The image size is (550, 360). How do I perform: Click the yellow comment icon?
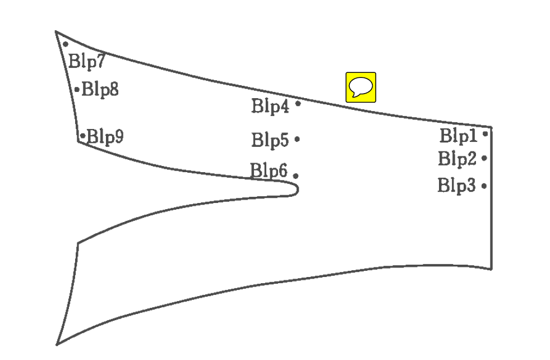(x=360, y=87)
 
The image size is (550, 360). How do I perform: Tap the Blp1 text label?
(x=457, y=136)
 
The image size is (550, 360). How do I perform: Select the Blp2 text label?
(x=457, y=159)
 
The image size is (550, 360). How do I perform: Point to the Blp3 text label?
(x=456, y=185)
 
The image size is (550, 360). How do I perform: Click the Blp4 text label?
(x=270, y=106)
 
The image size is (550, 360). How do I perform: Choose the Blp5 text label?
(x=270, y=140)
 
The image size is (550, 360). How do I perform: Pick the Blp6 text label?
(x=269, y=170)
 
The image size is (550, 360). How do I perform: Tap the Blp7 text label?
(x=86, y=61)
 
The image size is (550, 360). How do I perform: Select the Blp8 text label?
(x=100, y=89)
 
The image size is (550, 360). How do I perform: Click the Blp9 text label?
(x=105, y=136)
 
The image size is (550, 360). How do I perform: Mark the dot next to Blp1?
(x=485, y=133)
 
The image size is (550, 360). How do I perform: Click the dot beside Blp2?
(x=484, y=159)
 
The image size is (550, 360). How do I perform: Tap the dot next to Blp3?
(x=484, y=186)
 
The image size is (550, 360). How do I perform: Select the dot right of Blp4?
(x=298, y=103)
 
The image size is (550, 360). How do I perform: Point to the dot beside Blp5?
(x=297, y=139)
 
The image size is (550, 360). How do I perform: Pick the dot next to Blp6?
(x=295, y=176)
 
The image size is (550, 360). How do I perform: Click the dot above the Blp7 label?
(x=66, y=44)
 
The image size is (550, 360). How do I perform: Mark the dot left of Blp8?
(x=77, y=89)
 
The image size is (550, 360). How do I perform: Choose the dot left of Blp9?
(x=82, y=136)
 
